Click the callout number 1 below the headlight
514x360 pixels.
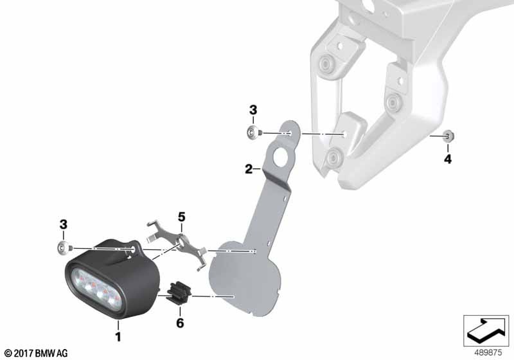point(118,336)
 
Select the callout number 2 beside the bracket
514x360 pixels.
point(249,169)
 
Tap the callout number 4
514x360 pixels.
point(448,159)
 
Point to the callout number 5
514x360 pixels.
point(182,217)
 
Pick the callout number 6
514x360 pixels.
point(180,323)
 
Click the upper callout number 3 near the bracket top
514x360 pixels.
point(253,110)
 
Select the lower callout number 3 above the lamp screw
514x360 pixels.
point(63,224)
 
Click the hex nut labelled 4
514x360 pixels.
point(448,136)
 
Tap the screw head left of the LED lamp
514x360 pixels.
point(63,248)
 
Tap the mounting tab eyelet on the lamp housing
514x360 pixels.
point(134,250)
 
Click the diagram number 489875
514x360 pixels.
point(488,353)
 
